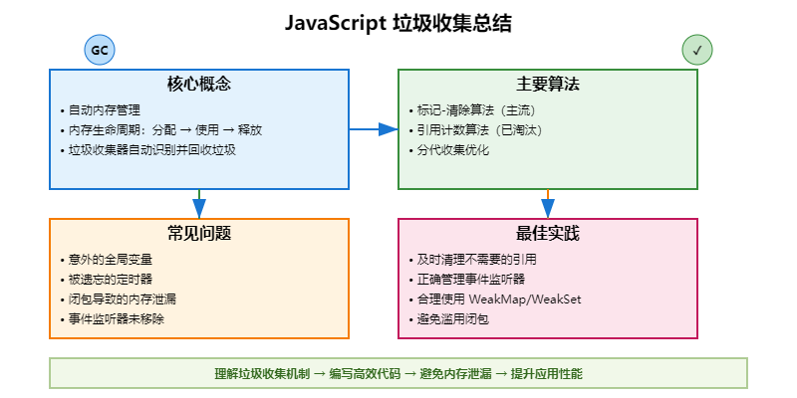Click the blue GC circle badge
pyautogui.click(x=100, y=51)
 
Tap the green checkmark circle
pyautogui.click(x=697, y=51)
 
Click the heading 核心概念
pyautogui.click(x=199, y=85)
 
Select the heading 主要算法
pyautogui.click(x=548, y=85)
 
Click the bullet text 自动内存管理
pyautogui.click(x=105, y=110)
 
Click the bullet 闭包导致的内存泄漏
pyautogui.click(x=124, y=299)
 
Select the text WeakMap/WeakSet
pyautogui.click(x=534, y=299)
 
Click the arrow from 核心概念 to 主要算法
pyautogui.click(x=374, y=129)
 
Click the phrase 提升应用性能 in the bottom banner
pyautogui.click(x=546, y=373)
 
